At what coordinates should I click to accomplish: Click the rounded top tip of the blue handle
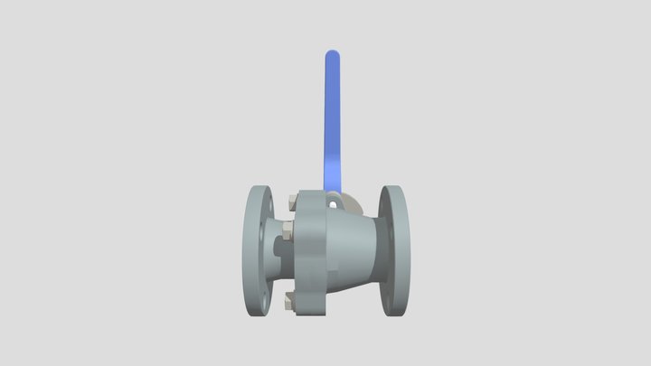333,56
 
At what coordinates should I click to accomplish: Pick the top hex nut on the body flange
288,201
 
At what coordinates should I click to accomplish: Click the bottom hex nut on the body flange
289,300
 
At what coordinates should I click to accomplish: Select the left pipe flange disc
257,250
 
